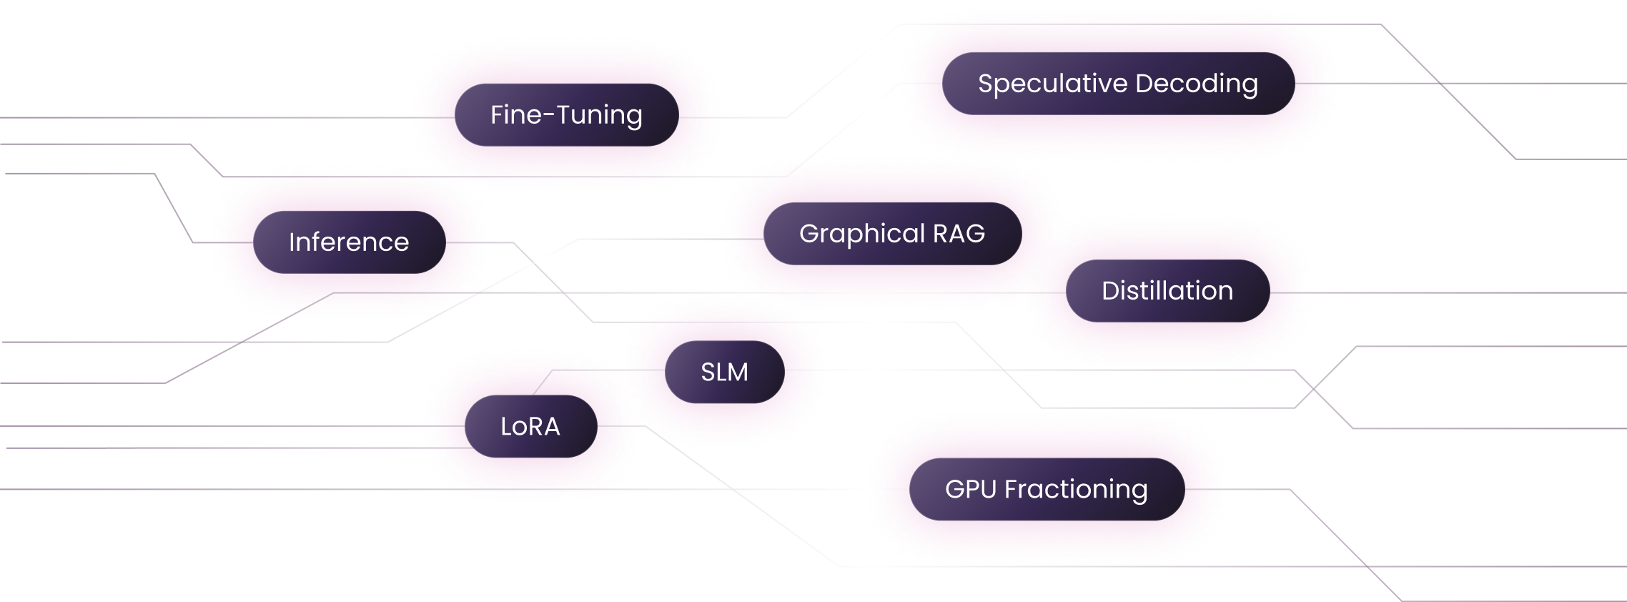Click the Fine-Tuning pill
pos(566,115)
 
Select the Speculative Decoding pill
pos(1118,84)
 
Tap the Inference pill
pos(349,242)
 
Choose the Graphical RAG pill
pos(892,234)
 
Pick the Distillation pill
pos(1167,291)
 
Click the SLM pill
pos(724,372)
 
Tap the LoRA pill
pos(530,427)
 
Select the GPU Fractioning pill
pos(1047,490)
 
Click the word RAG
pos(959,234)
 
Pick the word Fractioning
pos(1076,490)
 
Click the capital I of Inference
pos(292,242)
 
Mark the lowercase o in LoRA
pos(520,428)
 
